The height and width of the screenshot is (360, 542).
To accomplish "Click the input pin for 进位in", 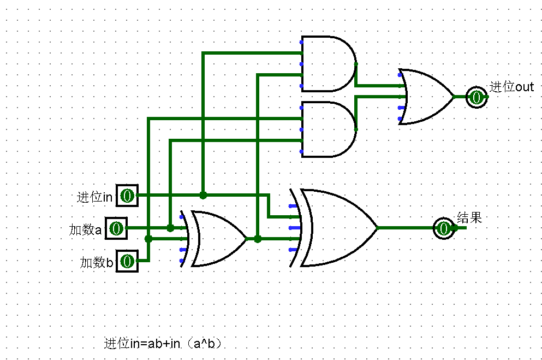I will point(127,196).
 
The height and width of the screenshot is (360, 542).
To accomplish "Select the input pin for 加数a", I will point(116,228).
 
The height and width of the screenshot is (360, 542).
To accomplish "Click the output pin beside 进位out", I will point(477,97).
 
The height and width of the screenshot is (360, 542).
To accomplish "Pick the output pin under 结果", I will point(444,228).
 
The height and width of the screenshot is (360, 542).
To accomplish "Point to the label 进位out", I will point(511,87).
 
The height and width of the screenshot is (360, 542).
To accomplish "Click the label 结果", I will point(469,218).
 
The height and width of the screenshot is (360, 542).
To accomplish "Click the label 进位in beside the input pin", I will point(94,197).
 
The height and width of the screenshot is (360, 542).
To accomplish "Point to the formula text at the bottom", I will point(163,344).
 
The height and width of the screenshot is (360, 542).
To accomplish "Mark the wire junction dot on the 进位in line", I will point(203,195).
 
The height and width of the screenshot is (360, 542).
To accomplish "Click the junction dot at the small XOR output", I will point(258,239).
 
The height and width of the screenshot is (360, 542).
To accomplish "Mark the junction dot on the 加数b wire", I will point(148,239).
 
